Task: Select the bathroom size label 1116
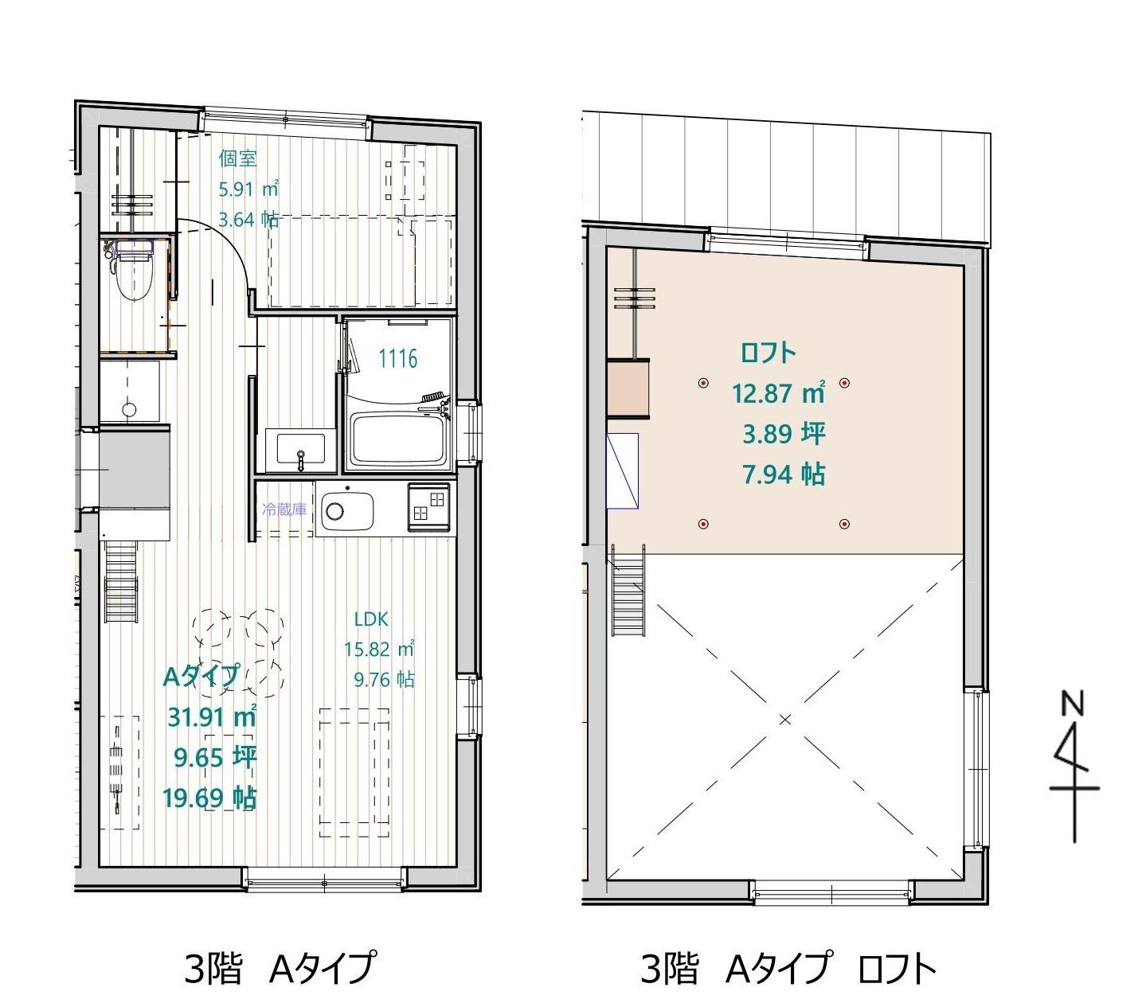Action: coord(398,358)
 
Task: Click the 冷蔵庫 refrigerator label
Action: coord(284,509)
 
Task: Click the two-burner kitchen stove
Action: coord(429,506)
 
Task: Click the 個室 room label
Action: coord(237,158)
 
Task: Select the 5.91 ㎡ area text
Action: coord(248,189)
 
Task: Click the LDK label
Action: coord(371,619)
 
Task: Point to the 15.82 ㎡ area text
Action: coord(379,649)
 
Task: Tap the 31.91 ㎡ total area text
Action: coord(212,717)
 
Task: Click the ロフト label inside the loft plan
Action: coord(767,353)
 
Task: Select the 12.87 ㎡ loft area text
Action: coord(778,392)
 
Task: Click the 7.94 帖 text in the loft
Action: coord(784,474)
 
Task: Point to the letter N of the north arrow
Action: coord(1072,704)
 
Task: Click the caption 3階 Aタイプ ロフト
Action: coord(788,968)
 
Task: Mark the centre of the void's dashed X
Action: coord(784,720)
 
